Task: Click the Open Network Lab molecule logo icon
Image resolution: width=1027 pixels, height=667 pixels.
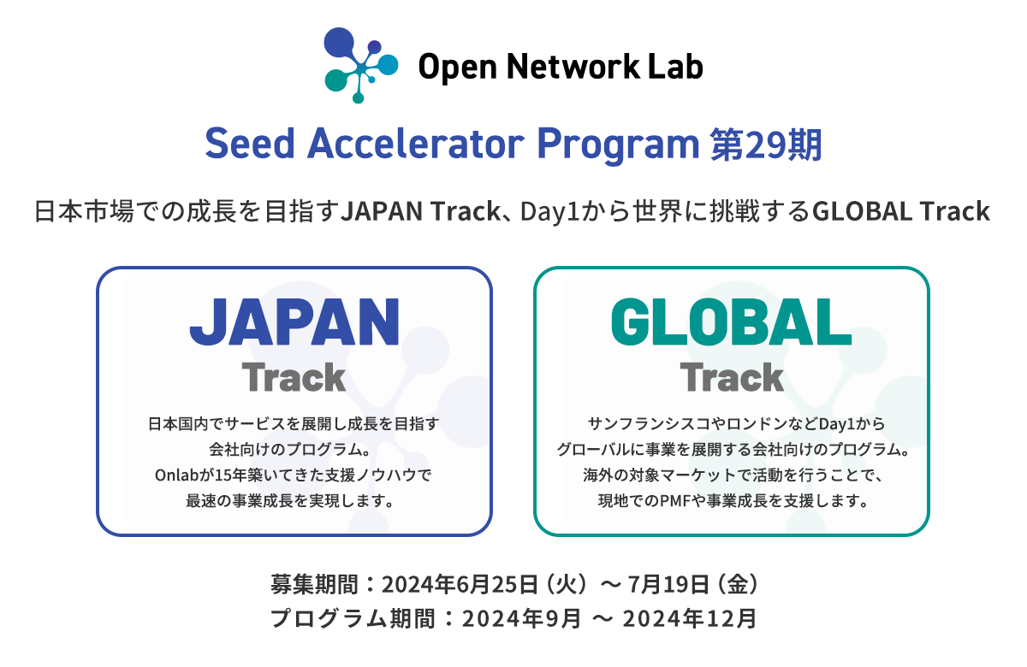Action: (361, 65)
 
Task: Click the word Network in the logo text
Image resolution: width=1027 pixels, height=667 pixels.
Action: (573, 67)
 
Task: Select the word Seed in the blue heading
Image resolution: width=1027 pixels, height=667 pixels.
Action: (249, 144)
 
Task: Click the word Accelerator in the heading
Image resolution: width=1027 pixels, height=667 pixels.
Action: (415, 144)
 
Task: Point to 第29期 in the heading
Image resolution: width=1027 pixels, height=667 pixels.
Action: (766, 145)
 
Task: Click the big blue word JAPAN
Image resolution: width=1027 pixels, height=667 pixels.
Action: (294, 322)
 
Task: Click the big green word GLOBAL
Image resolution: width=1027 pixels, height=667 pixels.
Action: (731, 322)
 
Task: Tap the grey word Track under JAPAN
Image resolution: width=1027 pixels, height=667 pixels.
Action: (294, 378)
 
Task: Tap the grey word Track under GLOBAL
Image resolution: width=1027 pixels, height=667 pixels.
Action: (732, 378)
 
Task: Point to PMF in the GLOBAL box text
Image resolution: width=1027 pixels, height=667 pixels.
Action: (675, 501)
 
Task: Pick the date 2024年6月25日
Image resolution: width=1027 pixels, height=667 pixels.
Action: (460, 585)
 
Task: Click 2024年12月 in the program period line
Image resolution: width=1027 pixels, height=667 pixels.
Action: (689, 619)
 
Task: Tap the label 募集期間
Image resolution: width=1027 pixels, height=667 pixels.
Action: (314, 585)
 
